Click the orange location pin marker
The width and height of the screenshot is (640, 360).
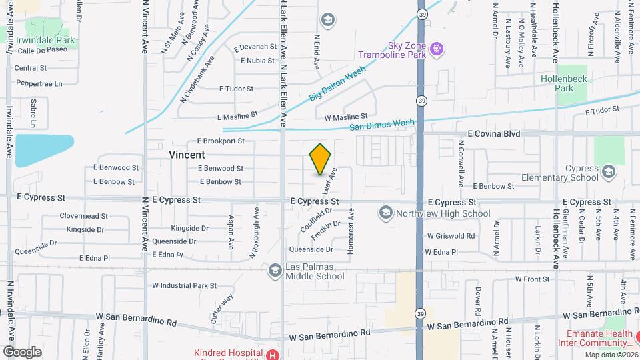(320, 159)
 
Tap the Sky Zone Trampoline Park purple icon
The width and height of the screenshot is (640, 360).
(437, 48)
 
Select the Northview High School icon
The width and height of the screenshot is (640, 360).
(385, 213)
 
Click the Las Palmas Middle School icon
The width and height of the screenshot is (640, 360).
(275, 271)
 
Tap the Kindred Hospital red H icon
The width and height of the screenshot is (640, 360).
(272, 354)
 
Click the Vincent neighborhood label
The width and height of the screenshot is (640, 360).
(187, 154)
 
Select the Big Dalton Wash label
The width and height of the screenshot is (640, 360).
(338, 85)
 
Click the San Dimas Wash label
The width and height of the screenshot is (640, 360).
(382, 125)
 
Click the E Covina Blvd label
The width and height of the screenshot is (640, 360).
(493, 133)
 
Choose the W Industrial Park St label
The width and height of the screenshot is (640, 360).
(185, 285)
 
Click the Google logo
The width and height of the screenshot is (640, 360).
(22, 351)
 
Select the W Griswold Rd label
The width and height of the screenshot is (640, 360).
(451, 235)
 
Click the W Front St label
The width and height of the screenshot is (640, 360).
(523, 279)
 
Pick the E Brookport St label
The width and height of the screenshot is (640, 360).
(221, 141)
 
